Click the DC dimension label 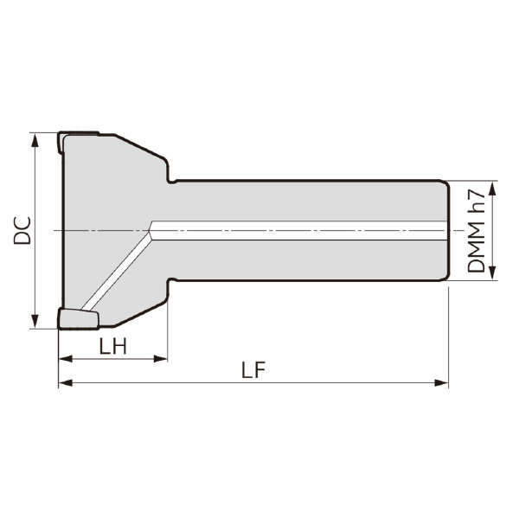point(22,231)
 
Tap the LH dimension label point(112,347)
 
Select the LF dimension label point(253,370)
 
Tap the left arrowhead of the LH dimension point(65,358)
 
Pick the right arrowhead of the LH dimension point(161,358)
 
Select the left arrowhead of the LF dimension point(65,383)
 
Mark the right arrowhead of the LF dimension point(441,383)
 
